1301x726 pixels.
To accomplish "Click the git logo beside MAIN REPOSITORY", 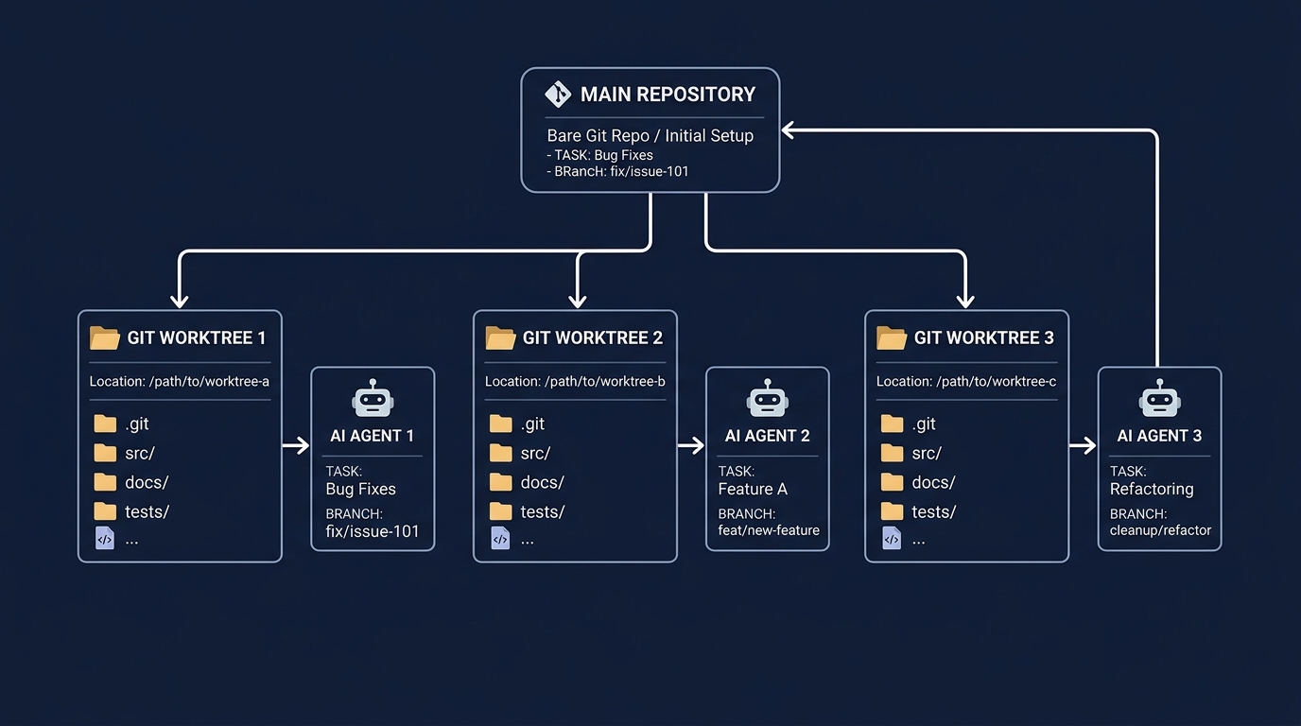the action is pos(558,95).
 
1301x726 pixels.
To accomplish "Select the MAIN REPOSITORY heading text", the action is pos(668,95).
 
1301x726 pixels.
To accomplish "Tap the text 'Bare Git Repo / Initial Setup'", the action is pos(650,135).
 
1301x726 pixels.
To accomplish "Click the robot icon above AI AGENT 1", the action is pos(373,398).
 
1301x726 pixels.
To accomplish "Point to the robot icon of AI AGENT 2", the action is pos(767,398).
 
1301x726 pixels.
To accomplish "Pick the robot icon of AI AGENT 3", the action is pos(1159,398).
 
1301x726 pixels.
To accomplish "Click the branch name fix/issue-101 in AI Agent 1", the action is pos(373,531).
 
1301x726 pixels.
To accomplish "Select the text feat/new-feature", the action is pos(769,530).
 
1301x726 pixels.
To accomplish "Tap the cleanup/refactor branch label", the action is pos(1160,530).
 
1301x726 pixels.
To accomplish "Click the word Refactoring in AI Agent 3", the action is pos(1152,489).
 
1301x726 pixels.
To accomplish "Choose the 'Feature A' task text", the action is pos(753,489).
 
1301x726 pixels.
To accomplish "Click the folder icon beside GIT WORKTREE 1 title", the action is pos(105,337).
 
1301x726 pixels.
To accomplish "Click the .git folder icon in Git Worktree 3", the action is pos(892,423).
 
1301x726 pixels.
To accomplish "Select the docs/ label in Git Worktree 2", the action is pos(543,483).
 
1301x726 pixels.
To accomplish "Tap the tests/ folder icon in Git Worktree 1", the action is pos(105,511).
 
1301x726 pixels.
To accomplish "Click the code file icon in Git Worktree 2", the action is pos(500,539).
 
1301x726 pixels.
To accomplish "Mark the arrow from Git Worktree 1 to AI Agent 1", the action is pos(296,445).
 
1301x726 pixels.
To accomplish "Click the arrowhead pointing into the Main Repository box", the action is pos(788,130).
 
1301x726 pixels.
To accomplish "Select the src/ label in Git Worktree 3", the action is pos(927,453).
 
